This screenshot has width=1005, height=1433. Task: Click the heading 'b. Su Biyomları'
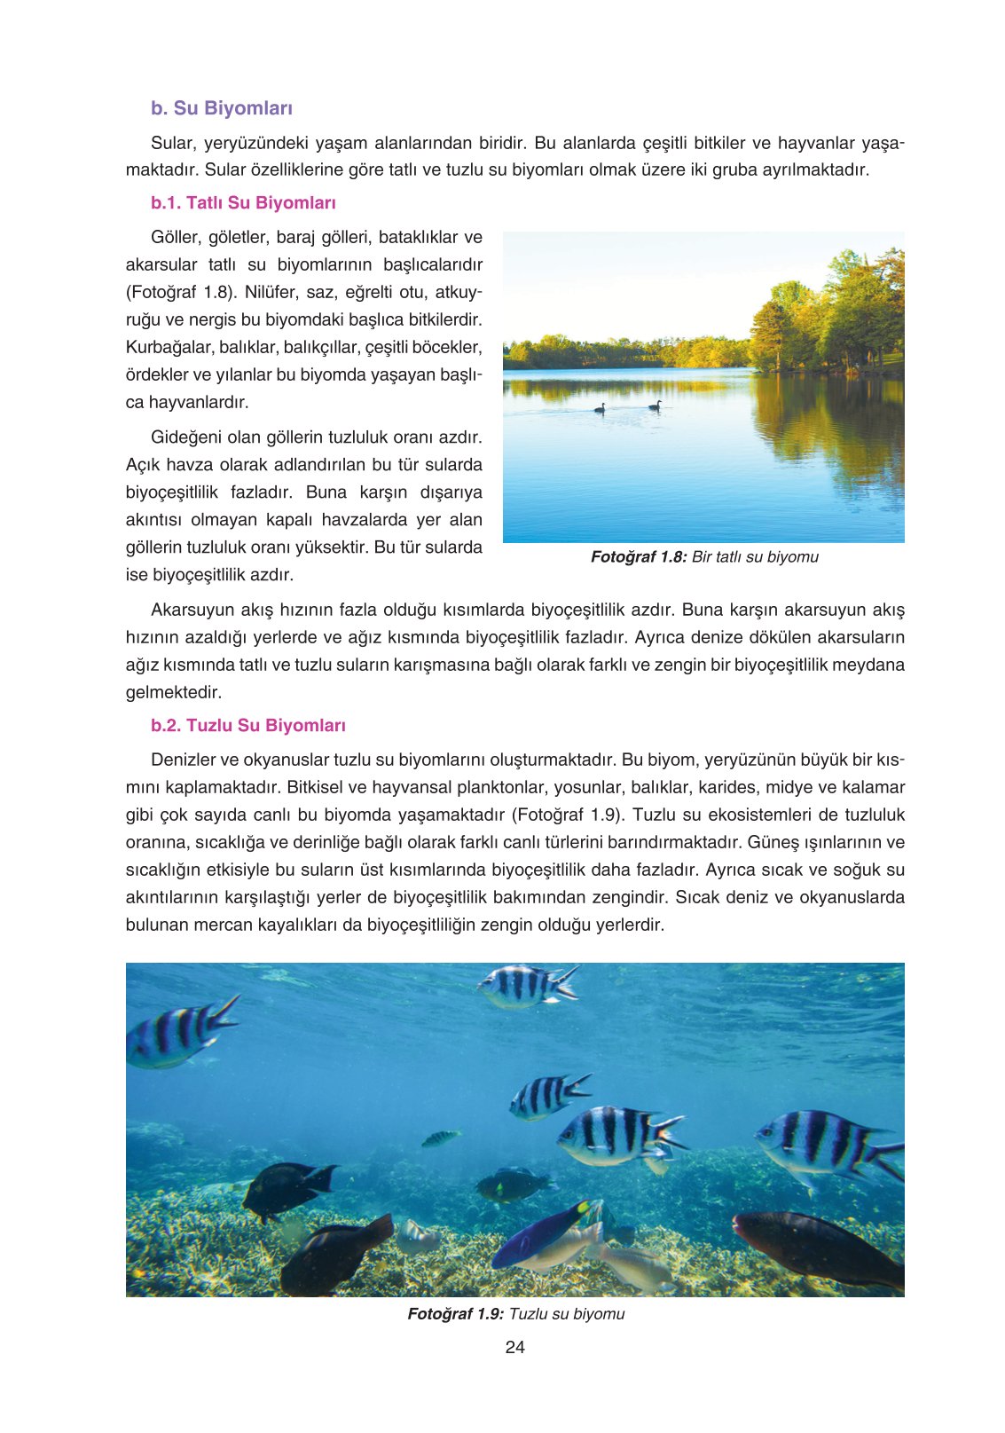pos(221,108)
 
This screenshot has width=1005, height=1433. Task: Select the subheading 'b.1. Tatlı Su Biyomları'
pos(243,203)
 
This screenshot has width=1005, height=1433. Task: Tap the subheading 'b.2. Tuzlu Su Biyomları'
pos(247,726)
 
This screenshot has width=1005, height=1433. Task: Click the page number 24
pos(514,1347)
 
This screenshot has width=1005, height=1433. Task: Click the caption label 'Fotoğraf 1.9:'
pos(455,1314)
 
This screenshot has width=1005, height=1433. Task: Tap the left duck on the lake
pos(601,408)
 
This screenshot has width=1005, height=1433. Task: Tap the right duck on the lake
pos(656,405)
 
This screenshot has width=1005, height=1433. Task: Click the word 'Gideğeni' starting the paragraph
pos(185,437)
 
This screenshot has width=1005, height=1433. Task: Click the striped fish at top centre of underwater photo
pos(525,986)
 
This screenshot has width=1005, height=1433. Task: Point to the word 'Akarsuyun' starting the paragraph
pos(189,610)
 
